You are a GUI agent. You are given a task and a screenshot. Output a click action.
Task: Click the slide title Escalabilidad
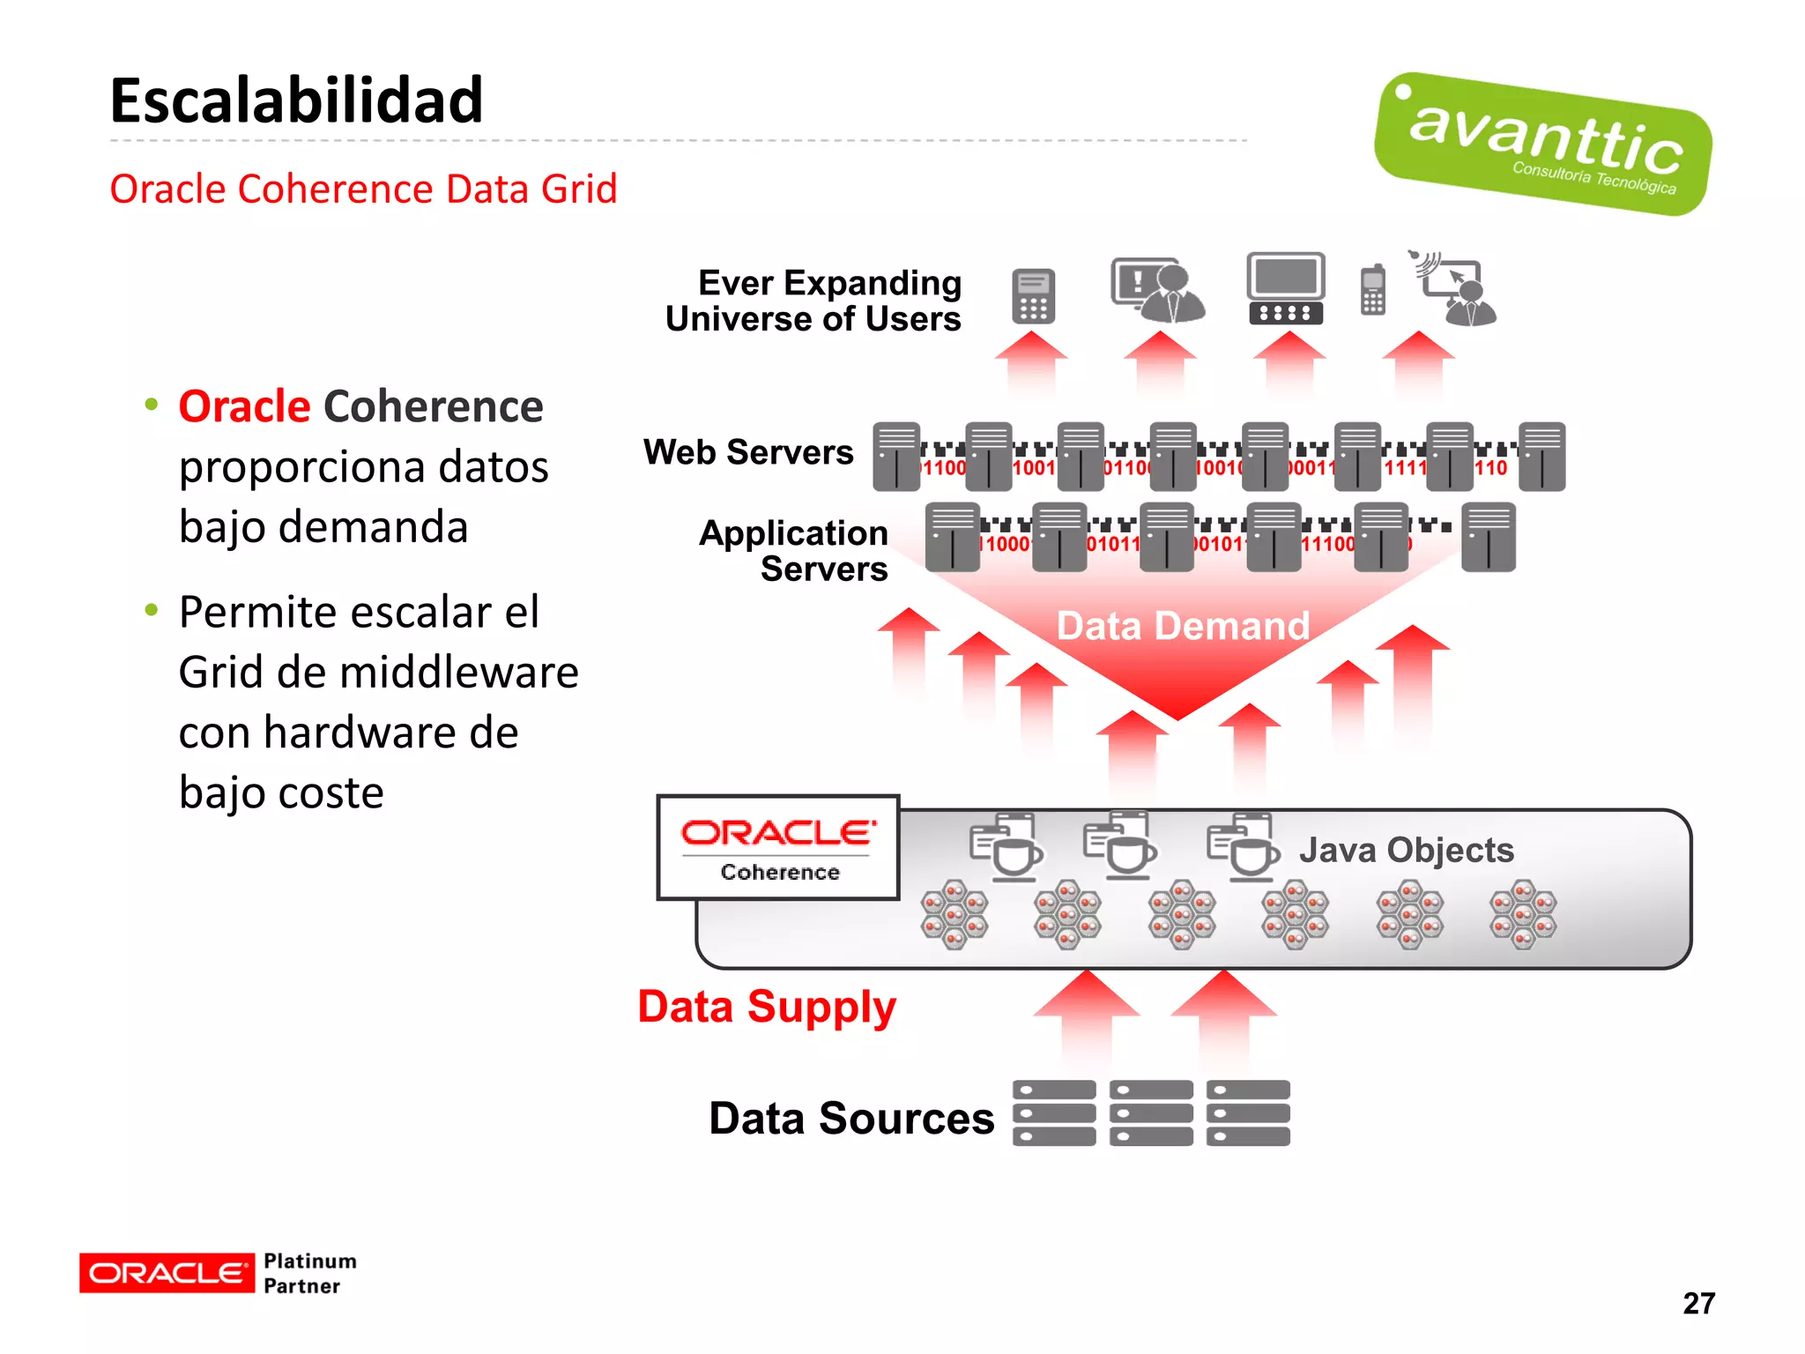296,100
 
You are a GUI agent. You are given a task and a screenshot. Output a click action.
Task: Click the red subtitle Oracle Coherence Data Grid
363,189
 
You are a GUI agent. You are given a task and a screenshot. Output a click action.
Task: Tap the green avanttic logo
1542,144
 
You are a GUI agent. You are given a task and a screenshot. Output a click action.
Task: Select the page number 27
1698,1303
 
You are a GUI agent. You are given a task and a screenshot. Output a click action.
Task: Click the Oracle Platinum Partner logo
218,1273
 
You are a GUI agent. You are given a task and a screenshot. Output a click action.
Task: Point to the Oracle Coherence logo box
778,848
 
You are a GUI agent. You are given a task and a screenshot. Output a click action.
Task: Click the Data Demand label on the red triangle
1183,626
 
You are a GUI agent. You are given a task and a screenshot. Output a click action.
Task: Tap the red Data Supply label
767,1007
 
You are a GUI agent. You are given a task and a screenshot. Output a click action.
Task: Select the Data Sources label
851,1118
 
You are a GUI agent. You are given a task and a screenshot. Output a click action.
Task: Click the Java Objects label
1406,850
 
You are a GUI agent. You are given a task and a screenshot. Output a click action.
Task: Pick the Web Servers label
748,452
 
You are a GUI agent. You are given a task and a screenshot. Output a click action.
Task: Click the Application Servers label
793,551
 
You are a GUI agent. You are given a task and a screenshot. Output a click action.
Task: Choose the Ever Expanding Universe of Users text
813,301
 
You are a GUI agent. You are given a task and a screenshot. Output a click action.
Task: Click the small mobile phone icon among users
1372,289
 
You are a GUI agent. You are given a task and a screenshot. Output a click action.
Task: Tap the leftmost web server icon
896,457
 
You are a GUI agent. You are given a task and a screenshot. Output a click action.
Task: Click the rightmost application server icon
1488,537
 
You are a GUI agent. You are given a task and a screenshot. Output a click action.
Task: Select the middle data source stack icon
1151,1112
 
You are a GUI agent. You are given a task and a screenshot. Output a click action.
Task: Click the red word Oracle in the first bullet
244,406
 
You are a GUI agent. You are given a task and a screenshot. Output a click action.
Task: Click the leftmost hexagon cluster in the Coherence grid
954,914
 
